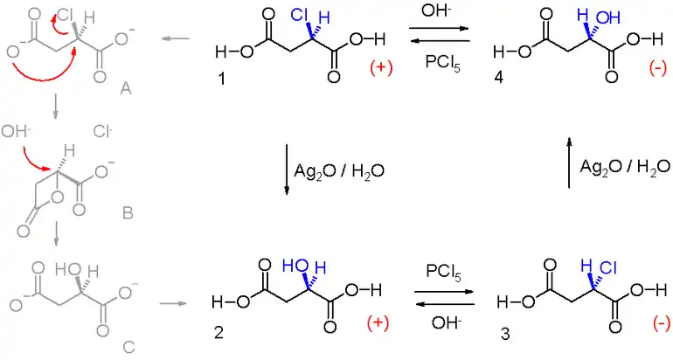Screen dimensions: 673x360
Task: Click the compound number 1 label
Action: coord(222,79)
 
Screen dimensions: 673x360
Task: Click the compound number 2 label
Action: coord(219,332)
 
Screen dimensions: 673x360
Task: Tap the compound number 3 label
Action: coord(505,334)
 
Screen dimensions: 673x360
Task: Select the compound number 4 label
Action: coord(498,78)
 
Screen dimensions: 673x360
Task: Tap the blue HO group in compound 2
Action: coord(294,267)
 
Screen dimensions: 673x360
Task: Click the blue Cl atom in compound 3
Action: coord(608,268)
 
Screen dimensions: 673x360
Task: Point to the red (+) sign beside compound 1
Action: coord(381,69)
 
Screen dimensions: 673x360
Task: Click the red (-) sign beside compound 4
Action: coord(657,68)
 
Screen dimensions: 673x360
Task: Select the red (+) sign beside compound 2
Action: coord(378,322)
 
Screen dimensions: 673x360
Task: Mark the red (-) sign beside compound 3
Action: coord(661,324)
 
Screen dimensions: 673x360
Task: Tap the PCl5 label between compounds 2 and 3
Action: coord(443,273)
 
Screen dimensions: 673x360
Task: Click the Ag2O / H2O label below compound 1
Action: coord(339,171)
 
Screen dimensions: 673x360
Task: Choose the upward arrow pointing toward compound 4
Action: coord(569,163)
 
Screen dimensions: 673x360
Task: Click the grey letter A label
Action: coord(125,89)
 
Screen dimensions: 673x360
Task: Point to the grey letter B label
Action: coord(128,213)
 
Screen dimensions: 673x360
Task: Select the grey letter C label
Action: coord(128,345)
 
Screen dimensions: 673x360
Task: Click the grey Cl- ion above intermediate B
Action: coord(102,131)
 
